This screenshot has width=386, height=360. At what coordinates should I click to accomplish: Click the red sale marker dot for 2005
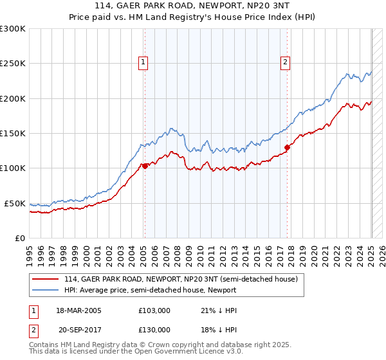(145, 166)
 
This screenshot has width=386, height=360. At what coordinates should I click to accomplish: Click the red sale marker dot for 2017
(287, 147)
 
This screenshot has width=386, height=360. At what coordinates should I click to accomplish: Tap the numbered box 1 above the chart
(142, 62)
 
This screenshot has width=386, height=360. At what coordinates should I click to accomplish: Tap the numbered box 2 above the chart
(284, 62)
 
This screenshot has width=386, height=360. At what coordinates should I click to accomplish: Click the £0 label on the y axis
(21, 238)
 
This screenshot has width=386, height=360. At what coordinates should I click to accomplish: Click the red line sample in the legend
(46, 280)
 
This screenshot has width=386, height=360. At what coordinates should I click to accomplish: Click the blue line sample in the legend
(46, 290)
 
